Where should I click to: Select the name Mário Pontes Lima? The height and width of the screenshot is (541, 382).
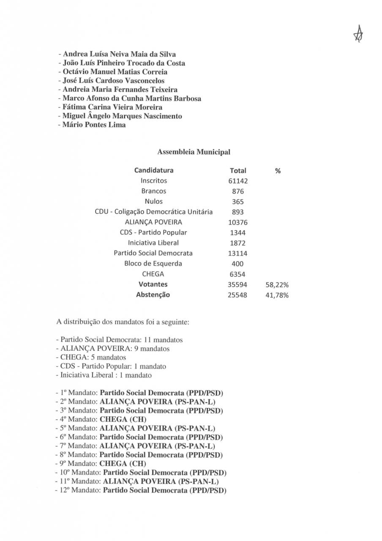pos(93,125)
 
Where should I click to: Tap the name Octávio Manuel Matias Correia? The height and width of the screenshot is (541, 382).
pos(114,72)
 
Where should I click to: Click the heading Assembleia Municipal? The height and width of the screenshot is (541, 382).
pos(194,152)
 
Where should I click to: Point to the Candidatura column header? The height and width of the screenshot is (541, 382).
pos(154,170)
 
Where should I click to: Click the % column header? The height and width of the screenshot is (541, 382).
pos(278,171)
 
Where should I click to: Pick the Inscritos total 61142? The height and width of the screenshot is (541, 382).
pos(238,181)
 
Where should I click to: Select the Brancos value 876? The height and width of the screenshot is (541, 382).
pos(238,191)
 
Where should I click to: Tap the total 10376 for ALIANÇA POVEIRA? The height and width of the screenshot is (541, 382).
pos(238,222)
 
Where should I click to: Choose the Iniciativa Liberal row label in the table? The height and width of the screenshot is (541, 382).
pos(153,243)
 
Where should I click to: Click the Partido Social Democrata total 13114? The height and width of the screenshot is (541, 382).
pos(238,254)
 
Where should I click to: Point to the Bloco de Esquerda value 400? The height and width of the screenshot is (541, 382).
pos(238,264)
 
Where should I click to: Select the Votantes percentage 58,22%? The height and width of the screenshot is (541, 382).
pos(277,285)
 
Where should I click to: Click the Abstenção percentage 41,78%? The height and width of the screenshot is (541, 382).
pos(277,295)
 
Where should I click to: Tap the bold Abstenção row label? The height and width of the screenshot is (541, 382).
pos(153,295)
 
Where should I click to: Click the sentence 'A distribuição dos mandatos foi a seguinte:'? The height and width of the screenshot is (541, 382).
pos(123,322)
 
